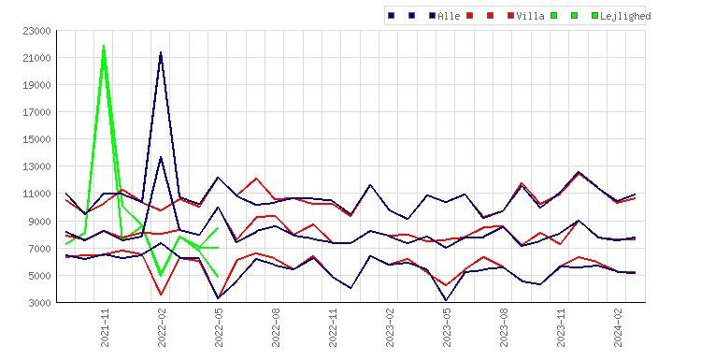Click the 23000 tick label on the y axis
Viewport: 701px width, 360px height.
coord(36,31)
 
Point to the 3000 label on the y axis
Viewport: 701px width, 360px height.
coord(39,303)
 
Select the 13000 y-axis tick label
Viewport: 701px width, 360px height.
coord(36,166)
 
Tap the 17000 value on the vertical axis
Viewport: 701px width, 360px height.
coord(36,112)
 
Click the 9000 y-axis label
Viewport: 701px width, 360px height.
coord(39,222)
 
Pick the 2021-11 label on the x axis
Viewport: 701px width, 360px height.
coord(105,327)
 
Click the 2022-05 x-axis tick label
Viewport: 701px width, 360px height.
coord(219,327)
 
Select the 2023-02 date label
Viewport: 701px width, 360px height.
coord(390,327)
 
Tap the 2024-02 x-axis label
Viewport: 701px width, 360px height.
coord(618,327)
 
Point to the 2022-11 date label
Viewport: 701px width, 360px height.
coord(333,327)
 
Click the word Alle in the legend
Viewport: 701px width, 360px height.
coord(449,16)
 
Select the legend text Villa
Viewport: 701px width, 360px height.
coord(530,16)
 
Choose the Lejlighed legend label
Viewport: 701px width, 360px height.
coord(625,16)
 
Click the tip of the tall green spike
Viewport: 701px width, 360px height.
coord(104,46)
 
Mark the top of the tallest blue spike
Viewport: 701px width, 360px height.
coord(161,52)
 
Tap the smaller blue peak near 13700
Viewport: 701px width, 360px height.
coord(161,157)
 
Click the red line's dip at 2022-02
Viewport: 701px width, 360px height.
coord(161,295)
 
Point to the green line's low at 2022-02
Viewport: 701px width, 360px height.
coord(161,276)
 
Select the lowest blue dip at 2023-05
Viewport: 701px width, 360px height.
coord(446,300)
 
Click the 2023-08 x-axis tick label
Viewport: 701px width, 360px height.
coord(504,327)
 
